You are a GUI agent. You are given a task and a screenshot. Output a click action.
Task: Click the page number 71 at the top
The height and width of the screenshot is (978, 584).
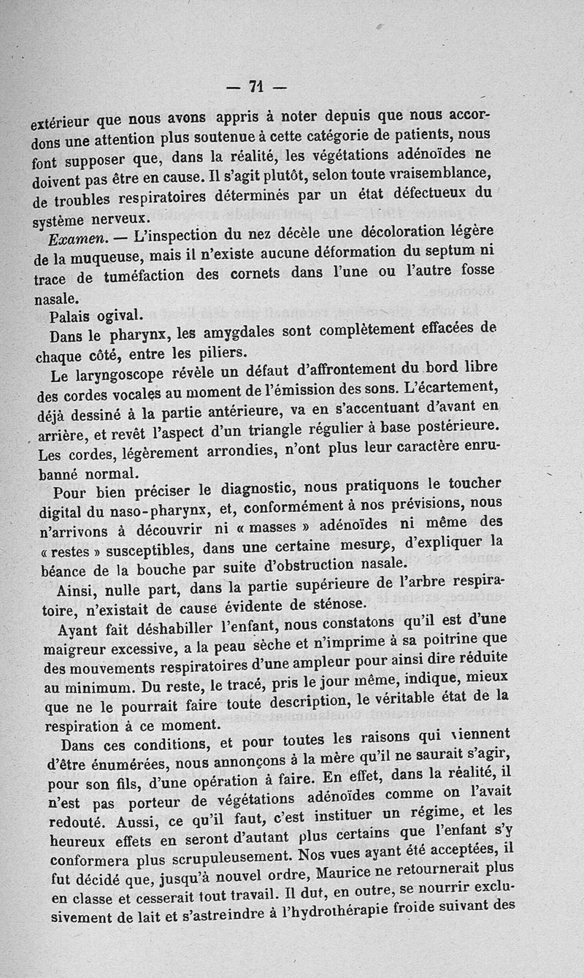coord(255,86)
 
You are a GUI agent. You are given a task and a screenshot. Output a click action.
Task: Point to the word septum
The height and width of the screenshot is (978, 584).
coord(452,251)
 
